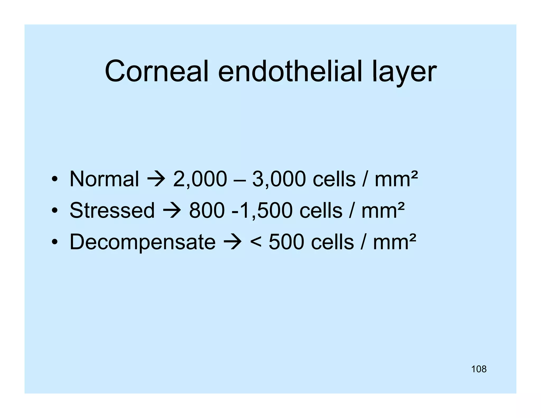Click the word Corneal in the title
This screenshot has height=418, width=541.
pyautogui.click(x=157, y=71)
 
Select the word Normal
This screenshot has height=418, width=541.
pyautogui.click(x=104, y=179)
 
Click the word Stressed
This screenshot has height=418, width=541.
pyautogui.click(x=112, y=210)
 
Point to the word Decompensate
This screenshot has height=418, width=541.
pyautogui.click(x=142, y=242)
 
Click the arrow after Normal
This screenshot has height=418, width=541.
pyautogui.click(x=156, y=179)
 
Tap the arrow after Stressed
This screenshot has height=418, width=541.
pyautogui.click(x=172, y=211)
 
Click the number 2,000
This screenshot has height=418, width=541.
pyautogui.click(x=200, y=179)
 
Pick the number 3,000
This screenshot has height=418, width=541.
pyautogui.click(x=279, y=179)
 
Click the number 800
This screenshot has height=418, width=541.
pyautogui.click(x=207, y=211)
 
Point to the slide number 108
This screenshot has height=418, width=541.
pyautogui.click(x=479, y=369)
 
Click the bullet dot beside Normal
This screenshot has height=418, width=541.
pyautogui.click(x=55, y=179)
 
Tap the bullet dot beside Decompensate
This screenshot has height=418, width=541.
pyautogui.click(x=55, y=242)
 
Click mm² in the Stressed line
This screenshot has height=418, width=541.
pyautogui.click(x=383, y=211)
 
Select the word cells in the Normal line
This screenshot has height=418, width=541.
pyautogui.click(x=334, y=179)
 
